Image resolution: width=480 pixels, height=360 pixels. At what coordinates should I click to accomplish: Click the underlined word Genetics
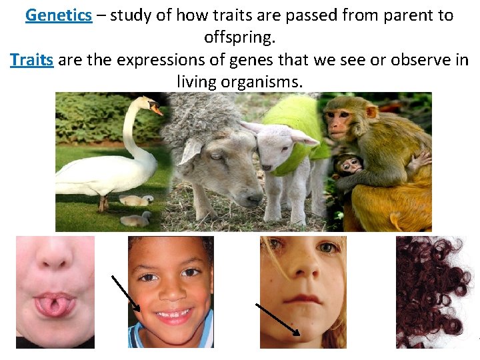click(x=59, y=15)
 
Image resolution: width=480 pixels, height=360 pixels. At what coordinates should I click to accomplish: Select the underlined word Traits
click(x=31, y=60)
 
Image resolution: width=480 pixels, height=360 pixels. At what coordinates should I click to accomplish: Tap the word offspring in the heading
click(x=239, y=38)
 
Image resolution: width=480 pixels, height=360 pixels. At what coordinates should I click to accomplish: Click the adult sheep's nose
click(x=251, y=197)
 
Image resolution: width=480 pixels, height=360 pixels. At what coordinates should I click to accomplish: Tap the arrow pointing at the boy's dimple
click(x=125, y=293)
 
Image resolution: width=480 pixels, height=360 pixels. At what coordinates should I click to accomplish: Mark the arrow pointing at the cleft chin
click(x=277, y=319)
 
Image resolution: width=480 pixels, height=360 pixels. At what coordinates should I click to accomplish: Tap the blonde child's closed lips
click(x=304, y=299)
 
